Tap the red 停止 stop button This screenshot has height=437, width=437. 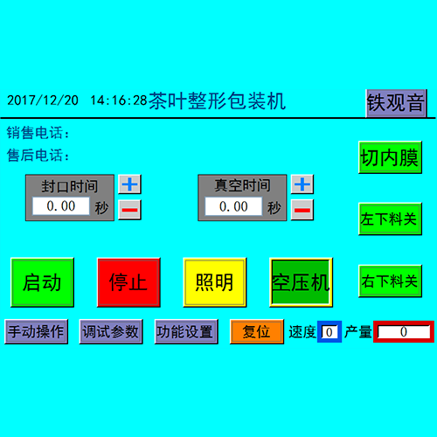pos(128,282)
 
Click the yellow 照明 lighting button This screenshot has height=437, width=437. pos(215,282)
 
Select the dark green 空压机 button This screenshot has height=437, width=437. pos(301,282)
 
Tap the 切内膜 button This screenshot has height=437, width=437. pos(390,157)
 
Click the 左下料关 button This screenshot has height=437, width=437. pos(390,219)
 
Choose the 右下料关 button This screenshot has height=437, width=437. pos(390,281)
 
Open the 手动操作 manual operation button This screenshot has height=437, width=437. pos(37,331)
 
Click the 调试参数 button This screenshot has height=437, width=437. pos(111,331)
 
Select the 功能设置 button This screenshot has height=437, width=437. pos(186,331)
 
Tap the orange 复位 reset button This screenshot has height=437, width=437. pos(257,331)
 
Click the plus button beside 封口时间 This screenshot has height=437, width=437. pos(129,184)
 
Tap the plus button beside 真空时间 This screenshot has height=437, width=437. pos(302,184)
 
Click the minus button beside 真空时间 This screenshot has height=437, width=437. pos(302,210)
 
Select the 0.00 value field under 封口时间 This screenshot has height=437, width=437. pos(61,206)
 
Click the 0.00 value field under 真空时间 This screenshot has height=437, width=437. pos(233,206)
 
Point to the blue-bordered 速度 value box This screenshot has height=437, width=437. pos(329,331)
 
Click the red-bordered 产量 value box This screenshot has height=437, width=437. pos(404,331)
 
